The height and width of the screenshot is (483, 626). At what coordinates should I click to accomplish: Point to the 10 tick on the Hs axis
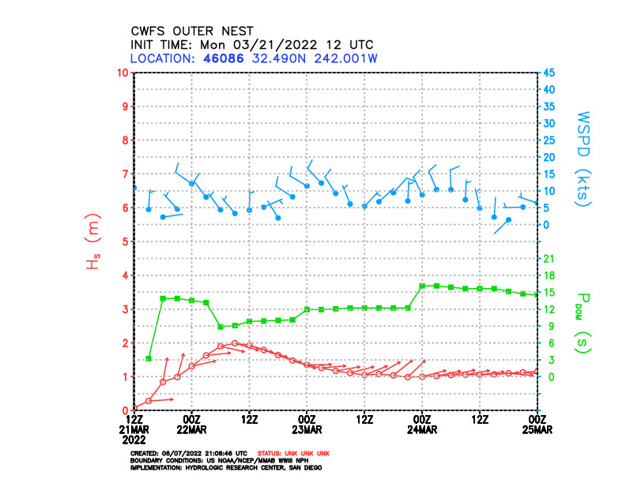point(123,73)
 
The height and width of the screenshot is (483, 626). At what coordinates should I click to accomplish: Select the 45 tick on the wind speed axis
point(549,73)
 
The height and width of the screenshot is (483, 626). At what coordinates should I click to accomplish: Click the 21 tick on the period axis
point(549,258)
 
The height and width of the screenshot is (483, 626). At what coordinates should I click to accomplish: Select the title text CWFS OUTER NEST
point(192,31)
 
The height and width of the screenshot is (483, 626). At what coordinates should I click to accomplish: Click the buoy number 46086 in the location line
point(210,58)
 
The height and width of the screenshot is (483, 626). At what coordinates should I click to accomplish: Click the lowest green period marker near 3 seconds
point(149,359)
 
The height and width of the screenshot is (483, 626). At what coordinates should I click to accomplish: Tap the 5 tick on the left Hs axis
point(126,241)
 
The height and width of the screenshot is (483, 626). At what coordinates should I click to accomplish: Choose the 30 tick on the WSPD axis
point(549,123)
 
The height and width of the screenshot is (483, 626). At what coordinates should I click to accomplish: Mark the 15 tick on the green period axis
point(549,292)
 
